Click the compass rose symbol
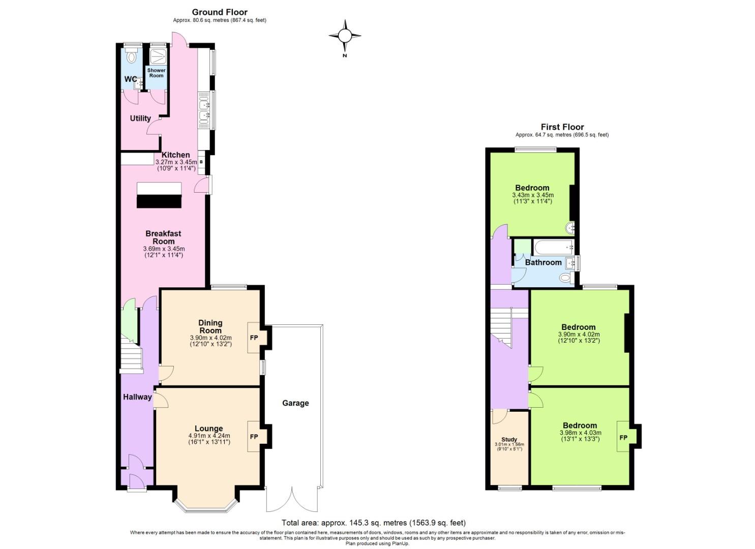[345, 36]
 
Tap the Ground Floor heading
[220, 12]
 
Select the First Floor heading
[562, 127]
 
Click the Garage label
[295, 403]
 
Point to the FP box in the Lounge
[254, 437]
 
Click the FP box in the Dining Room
[254, 338]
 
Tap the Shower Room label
[156, 73]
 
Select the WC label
[130, 79]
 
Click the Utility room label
[140, 118]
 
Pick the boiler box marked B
[201, 162]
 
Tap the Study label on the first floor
[509, 439]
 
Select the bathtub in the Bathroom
[554, 248]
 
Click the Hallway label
[137, 397]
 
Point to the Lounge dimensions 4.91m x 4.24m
[209, 436]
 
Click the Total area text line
[374, 523]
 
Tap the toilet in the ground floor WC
[133, 56]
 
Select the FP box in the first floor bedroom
[623, 438]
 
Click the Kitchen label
[176, 155]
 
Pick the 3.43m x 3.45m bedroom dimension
[532, 195]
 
